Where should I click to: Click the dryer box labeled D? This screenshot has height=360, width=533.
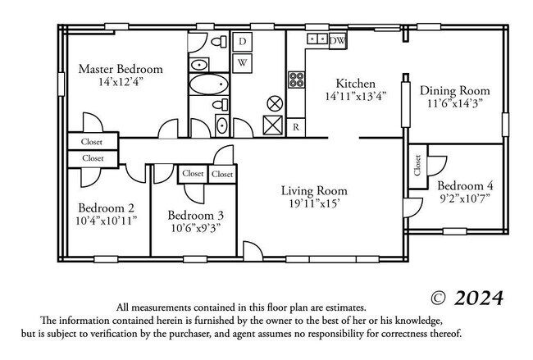coord(243,41)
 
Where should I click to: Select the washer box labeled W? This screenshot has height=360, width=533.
coord(243,62)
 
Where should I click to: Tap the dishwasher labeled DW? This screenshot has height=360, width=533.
coord(337,39)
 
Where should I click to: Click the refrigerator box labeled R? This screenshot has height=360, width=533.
coord(296,127)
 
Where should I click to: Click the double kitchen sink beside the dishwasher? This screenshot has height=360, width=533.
coord(317,39)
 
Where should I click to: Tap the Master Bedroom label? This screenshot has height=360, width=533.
coord(121,69)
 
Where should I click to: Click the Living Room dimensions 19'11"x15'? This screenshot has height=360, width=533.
coord(314,203)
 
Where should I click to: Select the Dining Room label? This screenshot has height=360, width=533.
coord(455,90)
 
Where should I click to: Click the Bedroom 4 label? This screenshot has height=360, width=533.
coord(465,185)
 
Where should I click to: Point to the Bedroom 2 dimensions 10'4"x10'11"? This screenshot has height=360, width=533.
coord(107,220)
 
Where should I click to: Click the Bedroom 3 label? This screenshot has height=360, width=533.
coord(196,215)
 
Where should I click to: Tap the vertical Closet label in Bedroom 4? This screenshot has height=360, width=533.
coord(417,166)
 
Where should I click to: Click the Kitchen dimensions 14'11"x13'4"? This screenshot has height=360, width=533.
coord(356,95)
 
